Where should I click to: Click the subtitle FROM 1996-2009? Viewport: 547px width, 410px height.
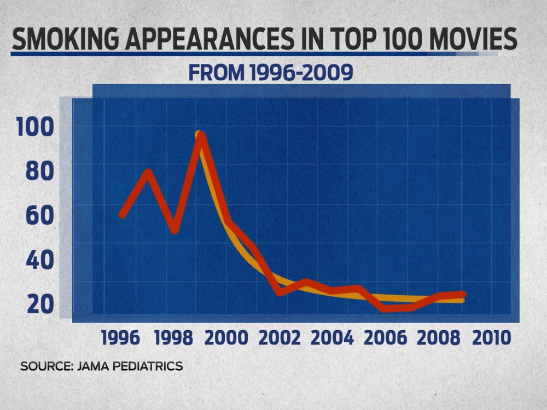point(270,73)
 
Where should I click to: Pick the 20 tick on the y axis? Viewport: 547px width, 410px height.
point(40,303)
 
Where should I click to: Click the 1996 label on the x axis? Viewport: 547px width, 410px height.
point(121,337)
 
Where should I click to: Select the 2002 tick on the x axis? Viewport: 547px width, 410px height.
point(280,337)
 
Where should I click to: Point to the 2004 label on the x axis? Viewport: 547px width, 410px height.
point(332,337)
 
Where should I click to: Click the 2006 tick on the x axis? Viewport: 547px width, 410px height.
point(385,337)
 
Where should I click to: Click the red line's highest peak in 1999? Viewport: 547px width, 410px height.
point(201,136)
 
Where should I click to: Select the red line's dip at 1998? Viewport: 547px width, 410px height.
point(174,230)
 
